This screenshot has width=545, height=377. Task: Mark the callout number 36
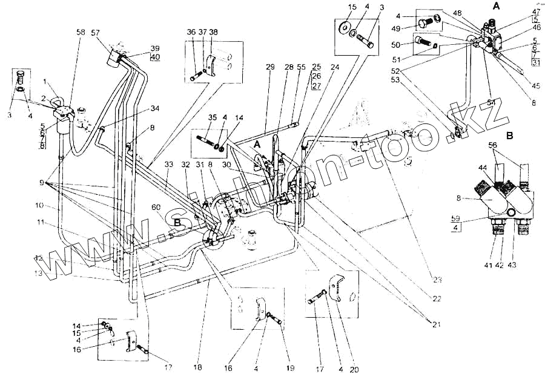tap(191, 31)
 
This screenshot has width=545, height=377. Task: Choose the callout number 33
tap(168, 164)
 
